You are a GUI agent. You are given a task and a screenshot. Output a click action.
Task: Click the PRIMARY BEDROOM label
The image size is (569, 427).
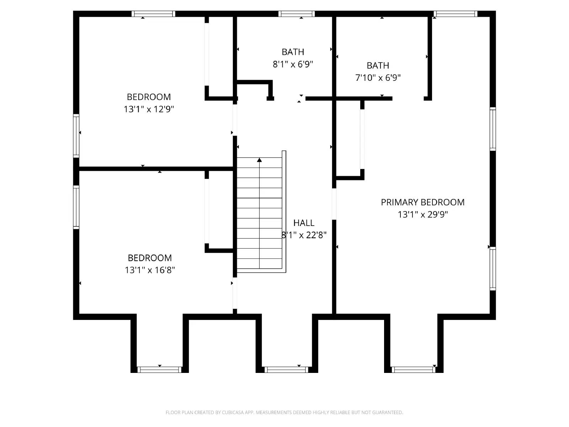422,202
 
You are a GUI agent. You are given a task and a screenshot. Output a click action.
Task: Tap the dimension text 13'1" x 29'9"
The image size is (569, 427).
422,214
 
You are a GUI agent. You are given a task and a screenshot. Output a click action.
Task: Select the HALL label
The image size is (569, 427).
304,223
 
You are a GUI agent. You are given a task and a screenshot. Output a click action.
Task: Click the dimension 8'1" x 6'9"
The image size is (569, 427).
293,64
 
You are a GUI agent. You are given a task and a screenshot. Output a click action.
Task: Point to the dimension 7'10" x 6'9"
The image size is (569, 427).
378,78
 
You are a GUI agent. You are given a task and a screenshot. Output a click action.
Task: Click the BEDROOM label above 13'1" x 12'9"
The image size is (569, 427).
149,97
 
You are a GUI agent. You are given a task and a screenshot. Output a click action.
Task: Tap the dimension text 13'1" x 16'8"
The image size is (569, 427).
150,270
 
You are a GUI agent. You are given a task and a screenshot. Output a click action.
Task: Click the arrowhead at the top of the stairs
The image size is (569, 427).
259,160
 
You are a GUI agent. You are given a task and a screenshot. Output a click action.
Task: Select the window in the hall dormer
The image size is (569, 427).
286,370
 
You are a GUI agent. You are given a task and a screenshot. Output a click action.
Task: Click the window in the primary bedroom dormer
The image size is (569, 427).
414,370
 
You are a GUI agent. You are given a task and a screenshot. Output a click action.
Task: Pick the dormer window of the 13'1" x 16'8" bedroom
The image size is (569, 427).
159,370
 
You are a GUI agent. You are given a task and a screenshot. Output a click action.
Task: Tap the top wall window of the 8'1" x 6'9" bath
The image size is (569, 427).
297,14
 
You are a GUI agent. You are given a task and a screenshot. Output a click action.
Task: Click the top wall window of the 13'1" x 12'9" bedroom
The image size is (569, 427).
153,14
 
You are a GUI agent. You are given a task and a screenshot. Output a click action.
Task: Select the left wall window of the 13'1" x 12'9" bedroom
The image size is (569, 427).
76,136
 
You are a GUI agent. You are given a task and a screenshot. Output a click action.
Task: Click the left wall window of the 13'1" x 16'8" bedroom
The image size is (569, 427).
76,207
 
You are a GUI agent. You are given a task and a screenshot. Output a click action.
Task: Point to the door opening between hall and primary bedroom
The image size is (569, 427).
334,204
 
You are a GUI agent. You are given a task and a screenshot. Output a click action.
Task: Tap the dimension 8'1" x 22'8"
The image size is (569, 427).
304,235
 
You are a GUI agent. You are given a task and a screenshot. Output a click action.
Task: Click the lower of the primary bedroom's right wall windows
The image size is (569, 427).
493,269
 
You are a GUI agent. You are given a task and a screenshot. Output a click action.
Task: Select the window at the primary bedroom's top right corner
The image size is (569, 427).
455,14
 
